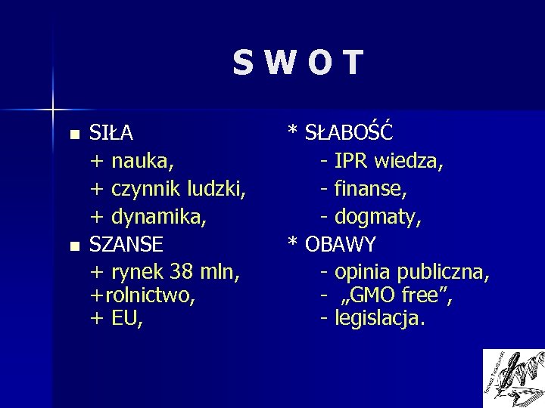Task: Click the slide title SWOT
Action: point(297,64)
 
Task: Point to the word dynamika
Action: point(160,217)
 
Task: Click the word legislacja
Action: point(379,320)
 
